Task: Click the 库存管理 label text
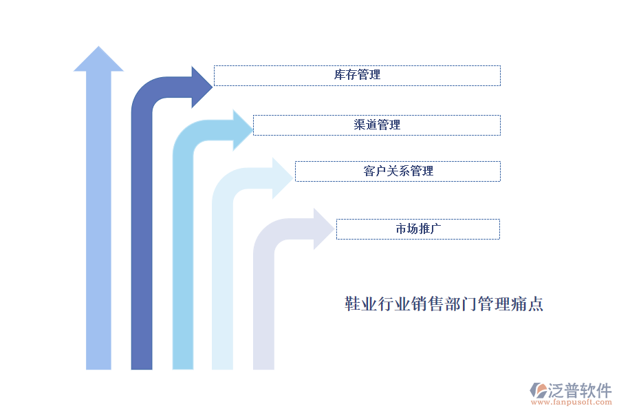357,75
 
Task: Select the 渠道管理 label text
377,125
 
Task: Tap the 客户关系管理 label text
398,171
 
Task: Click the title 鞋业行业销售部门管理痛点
444,304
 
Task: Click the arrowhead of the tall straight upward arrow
98,60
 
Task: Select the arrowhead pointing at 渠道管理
243,130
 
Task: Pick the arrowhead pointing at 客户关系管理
283,178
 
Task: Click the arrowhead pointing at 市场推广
323,229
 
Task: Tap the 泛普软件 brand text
580,390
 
